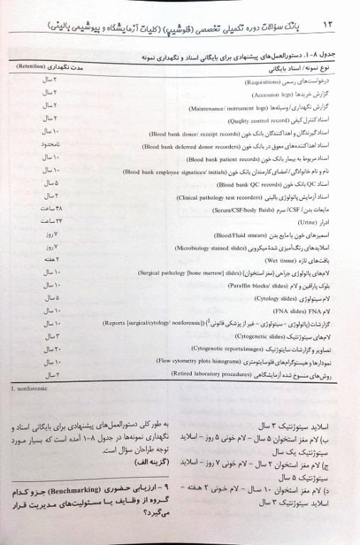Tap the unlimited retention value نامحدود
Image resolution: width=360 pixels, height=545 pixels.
[50, 145]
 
